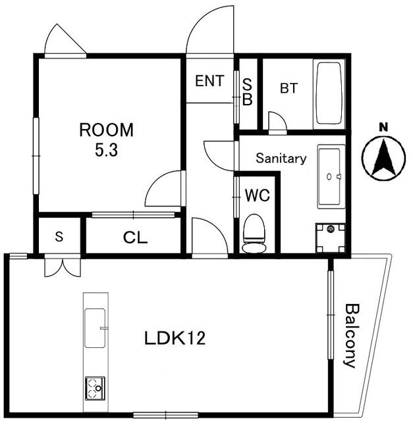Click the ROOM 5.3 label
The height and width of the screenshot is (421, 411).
(106, 139)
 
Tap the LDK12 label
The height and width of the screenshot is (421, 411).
(175, 339)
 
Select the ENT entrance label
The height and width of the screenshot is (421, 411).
(209, 82)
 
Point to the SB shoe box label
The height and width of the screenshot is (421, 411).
(248, 91)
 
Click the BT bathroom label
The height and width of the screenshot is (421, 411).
(288, 89)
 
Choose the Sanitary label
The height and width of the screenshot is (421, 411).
(281, 159)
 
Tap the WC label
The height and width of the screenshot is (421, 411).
(256, 195)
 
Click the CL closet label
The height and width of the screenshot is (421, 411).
(136, 237)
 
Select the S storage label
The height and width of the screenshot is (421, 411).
(59, 237)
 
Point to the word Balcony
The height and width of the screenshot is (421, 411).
(351, 335)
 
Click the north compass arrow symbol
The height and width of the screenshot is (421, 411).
(382, 158)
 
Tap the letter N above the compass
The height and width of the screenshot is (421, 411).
(382, 126)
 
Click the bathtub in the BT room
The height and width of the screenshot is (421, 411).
(329, 93)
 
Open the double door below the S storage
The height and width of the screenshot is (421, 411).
(59, 266)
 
